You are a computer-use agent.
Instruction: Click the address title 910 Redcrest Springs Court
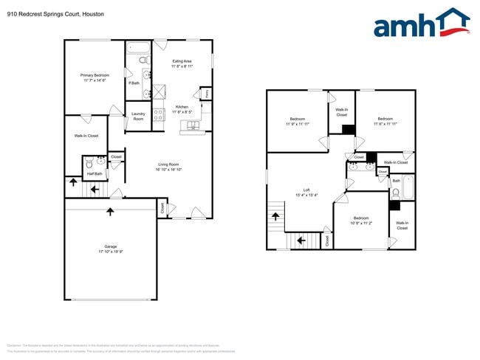click(x=41, y=14)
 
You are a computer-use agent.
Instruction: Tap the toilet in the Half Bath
click(x=89, y=164)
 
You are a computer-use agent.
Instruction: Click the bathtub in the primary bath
click(x=139, y=49)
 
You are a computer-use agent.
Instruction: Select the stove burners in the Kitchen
click(x=158, y=114)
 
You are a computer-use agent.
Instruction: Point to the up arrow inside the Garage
click(x=110, y=212)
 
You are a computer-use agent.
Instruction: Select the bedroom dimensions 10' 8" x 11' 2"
click(x=360, y=222)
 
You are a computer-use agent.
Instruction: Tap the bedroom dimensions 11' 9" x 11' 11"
click(x=298, y=123)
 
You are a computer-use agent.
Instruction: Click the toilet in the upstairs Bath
click(x=395, y=193)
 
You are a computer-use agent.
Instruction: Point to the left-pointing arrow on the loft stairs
click(x=300, y=239)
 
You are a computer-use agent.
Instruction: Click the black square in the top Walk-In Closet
click(x=348, y=128)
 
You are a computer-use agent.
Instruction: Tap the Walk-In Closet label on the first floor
click(x=86, y=136)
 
